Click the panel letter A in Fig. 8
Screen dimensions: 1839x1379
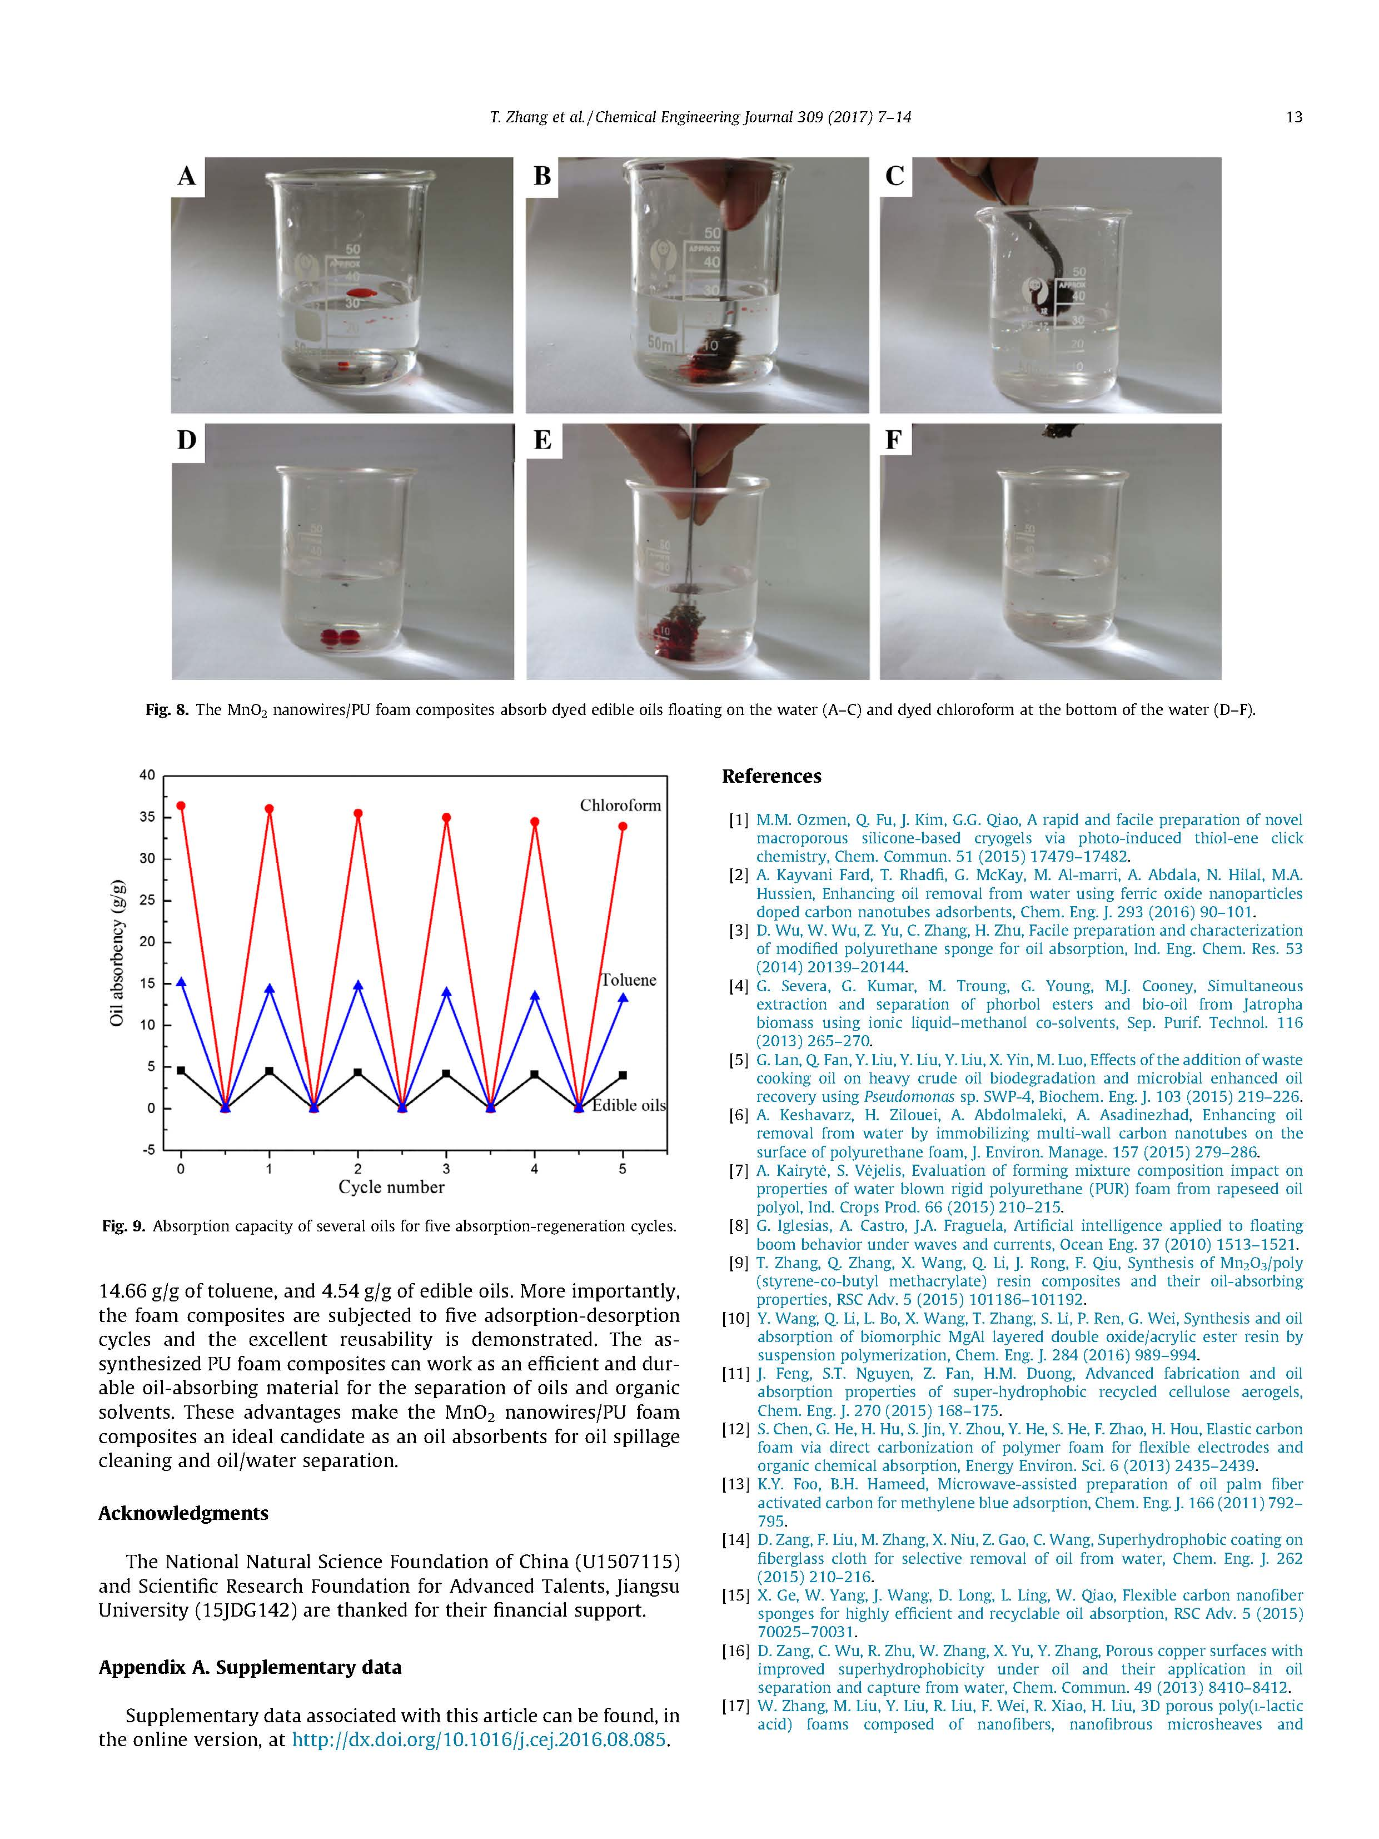point(187,176)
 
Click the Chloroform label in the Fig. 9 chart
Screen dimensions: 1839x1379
point(620,806)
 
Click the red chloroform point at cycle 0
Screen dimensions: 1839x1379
point(181,806)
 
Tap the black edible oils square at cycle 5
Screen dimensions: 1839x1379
point(623,1076)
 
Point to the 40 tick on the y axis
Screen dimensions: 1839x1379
point(147,776)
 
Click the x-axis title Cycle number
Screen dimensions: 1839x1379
point(391,1187)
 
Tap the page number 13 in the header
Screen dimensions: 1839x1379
point(1293,117)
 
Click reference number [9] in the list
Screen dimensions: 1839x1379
point(738,1263)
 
